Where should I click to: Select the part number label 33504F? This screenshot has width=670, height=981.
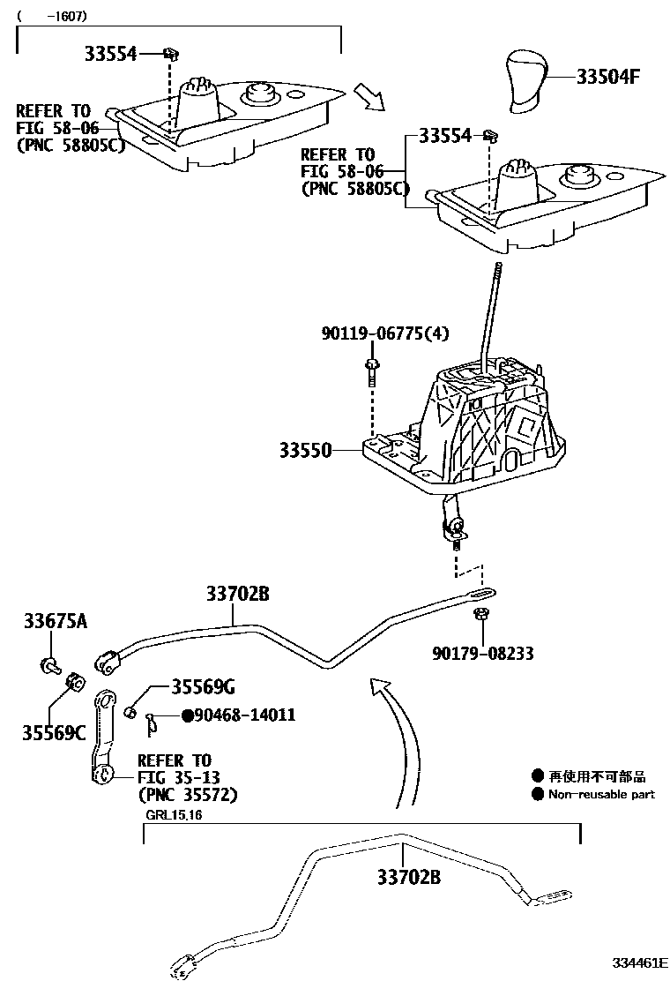point(607,77)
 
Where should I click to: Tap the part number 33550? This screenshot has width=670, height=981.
point(305,451)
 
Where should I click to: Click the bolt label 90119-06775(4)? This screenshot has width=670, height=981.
point(384,333)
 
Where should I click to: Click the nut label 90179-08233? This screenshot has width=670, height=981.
point(482,654)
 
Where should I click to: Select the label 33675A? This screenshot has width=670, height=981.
point(55,623)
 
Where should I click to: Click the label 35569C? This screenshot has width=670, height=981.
point(54,731)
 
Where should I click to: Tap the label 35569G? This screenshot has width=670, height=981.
point(204,687)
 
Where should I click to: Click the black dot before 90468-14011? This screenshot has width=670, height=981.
point(187,715)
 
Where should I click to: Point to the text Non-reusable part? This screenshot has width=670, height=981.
point(601,794)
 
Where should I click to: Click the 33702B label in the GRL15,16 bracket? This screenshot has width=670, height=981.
point(408,879)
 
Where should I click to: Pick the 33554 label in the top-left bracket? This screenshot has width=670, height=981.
point(111,54)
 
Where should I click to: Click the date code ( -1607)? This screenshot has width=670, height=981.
point(52,15)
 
